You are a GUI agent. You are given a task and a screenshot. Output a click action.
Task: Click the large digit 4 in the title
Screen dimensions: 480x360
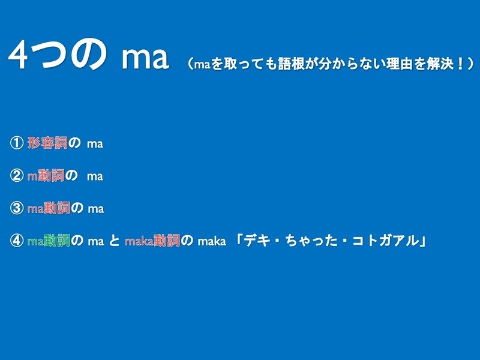pos(19,55)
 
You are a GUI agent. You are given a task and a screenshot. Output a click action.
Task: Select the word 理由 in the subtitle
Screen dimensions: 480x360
pos(399,64)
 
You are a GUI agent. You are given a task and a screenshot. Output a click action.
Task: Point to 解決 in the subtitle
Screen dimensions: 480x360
pos(440,64)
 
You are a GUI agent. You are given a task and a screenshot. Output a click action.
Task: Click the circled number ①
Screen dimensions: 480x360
pos(17,143)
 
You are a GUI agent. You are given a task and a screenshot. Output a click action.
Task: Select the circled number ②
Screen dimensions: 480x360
pos(17,176)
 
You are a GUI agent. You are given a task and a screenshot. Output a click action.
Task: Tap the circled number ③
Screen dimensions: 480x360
pos(17,208)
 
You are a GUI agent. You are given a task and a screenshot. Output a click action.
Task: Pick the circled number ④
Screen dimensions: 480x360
pos(17,241)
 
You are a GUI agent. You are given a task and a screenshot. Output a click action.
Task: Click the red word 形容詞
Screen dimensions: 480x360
pos(47,143)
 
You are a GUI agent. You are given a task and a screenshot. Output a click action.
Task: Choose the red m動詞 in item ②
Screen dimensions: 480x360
pos(46,176)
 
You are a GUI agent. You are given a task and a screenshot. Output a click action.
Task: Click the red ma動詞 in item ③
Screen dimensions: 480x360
pos(49,208)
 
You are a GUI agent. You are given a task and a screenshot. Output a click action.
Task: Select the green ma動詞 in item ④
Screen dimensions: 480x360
pos(49,241)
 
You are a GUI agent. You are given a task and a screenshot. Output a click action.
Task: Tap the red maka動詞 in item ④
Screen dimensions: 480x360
pos(152,241)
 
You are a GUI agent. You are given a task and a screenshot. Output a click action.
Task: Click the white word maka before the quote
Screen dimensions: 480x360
pos(212,241)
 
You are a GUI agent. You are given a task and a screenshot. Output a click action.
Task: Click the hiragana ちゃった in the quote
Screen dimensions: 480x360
pos(311,241)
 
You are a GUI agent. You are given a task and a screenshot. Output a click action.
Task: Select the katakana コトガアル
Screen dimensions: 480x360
pos(385,241)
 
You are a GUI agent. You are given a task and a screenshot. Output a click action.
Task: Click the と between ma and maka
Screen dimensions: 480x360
pos(114,241)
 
